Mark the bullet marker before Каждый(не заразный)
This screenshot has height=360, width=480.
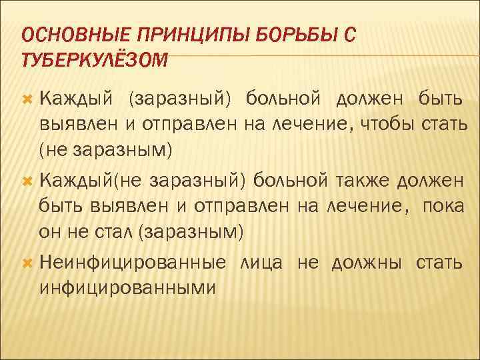click(x=28, y=181)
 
